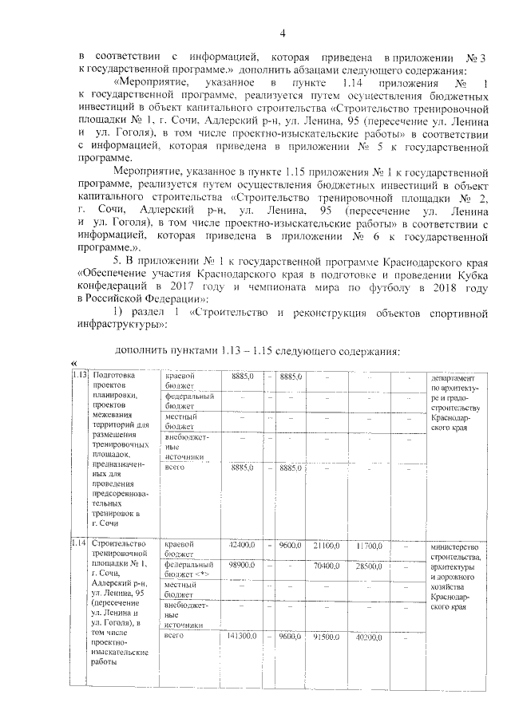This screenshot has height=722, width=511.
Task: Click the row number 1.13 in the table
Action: point(79,375)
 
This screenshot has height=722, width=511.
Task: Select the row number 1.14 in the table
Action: point(79,543)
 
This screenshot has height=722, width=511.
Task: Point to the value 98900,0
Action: point(241,565)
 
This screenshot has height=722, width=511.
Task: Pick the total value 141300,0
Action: point(241,636)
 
